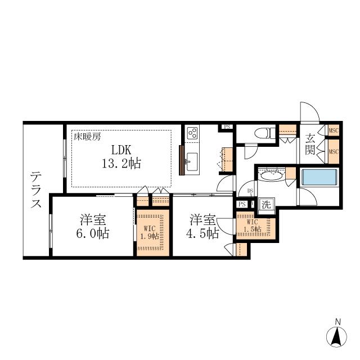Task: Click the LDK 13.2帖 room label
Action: (x=121, y=157)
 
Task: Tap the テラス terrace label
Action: (x=36, y=190)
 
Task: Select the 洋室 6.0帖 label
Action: (x=93, y=226)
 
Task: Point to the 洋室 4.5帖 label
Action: (x=202, y=226)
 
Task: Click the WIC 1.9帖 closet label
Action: (x=150, y=232)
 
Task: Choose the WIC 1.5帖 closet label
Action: (x=253, y=226)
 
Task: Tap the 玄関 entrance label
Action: (x=310, y=144)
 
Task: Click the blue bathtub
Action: (x=319, y=177)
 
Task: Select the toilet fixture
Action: (x=265, y=133)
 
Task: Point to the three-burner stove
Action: (x=192, y=133)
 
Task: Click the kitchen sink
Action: (x=192, y=162)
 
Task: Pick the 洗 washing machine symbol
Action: (x=267, y=204)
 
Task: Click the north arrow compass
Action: (x=336, y=336)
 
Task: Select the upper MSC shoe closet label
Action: (x=334, y=130)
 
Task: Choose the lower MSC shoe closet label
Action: (x=334, y=151)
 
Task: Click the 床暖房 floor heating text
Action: (x=87, y=137)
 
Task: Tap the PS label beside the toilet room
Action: (x=227, y=127)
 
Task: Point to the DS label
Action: (x=250, y=191)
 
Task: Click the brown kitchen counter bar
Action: (x=182, y=160)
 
